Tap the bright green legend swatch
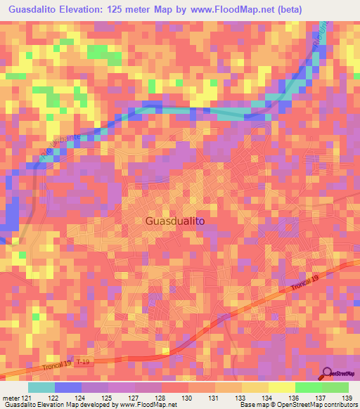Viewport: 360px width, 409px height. point(308,387)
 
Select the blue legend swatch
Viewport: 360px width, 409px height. point(68,387)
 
